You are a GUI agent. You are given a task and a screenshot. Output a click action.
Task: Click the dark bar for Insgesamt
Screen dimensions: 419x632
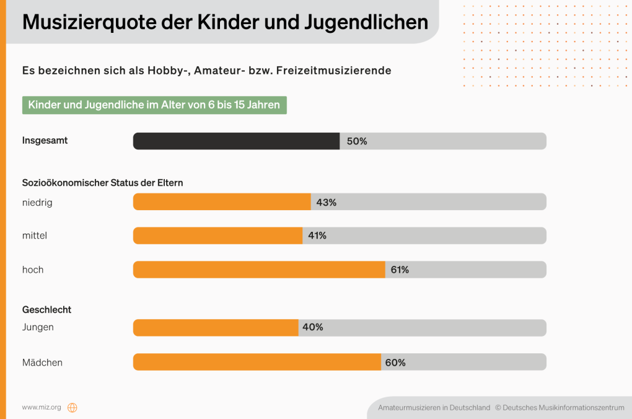tap(236, 141)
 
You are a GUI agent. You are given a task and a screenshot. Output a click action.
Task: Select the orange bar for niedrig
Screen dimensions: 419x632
tap(222, 202)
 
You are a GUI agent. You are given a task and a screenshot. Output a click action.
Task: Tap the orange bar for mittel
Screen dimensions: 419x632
tap(217, 236)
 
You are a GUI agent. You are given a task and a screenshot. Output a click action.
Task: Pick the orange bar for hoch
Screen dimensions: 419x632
tap(259, 270)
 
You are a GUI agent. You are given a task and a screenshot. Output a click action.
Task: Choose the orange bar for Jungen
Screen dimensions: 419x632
tap(216, 328)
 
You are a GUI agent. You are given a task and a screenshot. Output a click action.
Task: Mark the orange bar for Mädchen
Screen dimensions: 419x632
tap(257, 362)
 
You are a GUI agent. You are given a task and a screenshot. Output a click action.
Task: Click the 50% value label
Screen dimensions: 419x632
tap(357, 141)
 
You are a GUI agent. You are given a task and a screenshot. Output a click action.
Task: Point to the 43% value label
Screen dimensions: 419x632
tap(327, 202)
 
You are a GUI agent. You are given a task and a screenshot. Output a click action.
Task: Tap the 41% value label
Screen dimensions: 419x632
tap(317, 236)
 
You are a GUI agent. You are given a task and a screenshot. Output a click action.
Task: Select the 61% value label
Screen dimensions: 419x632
tap(399, 270)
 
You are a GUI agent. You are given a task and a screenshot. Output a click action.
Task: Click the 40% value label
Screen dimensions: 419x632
tap(313, 327)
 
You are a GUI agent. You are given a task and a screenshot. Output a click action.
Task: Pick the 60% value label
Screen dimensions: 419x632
tap(395, 363)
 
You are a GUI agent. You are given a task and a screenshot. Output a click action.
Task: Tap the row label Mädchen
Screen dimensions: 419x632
tap(42, 363)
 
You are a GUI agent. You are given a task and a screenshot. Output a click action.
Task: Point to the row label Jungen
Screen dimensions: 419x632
tap(38, 327)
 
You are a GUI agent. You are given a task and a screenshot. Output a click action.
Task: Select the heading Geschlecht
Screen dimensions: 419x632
tap(46, 309)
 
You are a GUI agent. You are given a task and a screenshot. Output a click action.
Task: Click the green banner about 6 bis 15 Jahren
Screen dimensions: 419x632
tap(154, 105)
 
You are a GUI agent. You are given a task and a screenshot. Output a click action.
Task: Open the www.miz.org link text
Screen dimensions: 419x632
tap(42, 407)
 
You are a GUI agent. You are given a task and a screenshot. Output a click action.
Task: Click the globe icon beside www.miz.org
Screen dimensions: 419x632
tap(72, 407)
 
